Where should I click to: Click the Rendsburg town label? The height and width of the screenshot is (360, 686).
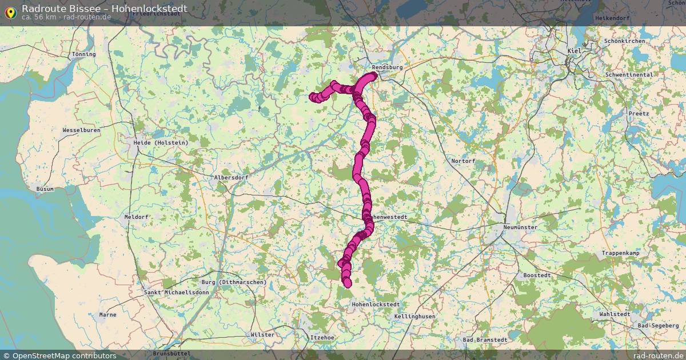[x=387, y=67]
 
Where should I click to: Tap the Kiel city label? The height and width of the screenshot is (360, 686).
[x=573, y=51]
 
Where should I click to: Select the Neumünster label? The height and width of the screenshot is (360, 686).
[x=520, y=227]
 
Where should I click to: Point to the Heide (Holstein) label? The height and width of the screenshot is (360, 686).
[x=161, y=142]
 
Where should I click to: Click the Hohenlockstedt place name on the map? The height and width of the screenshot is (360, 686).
[x=376, y=305]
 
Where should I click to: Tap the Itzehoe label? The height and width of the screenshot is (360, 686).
[x=321, y=338]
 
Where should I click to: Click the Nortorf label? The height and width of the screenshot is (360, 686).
[x=463, y=161]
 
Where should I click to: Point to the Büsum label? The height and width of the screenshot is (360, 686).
[x=45, y=189]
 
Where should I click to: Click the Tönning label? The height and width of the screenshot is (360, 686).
[x=84, y=54]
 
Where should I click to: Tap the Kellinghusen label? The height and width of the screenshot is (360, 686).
[x=414, y=316]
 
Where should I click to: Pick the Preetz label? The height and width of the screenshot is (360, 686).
[x=639, y=113]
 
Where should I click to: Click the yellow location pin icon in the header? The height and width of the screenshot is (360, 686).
[x=10, y=12]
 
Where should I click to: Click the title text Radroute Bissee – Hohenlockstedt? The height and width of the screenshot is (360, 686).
[x=104, y=8]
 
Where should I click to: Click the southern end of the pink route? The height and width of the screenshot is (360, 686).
[x=347, y=283]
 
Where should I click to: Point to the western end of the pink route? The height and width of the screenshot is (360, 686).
[x=313, y=97]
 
